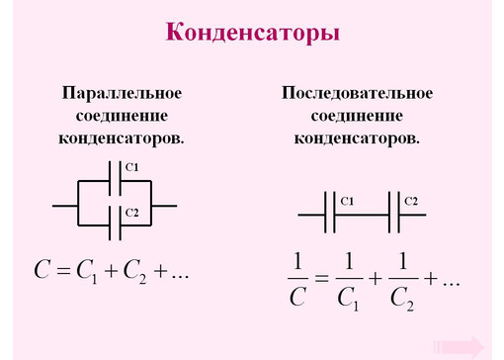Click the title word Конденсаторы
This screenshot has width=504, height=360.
point(252,33)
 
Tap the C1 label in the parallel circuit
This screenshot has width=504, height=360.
point(131,166)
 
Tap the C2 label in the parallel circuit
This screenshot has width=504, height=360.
point(131,212)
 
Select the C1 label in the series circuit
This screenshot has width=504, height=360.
point(346,201)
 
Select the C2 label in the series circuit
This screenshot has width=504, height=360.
point(410,201)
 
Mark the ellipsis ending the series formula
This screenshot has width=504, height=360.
point(452,283)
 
